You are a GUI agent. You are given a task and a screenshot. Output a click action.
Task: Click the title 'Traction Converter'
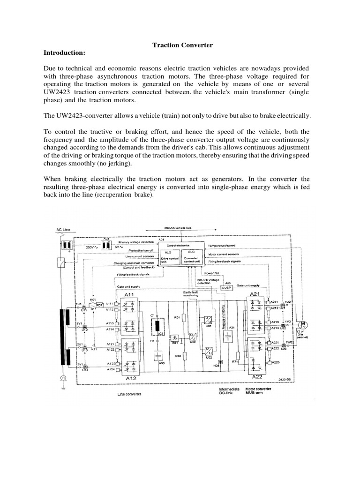click(183, 45)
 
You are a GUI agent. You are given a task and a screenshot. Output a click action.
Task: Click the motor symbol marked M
click(302, 324)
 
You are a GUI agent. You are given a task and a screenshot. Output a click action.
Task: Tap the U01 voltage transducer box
click(207, 322)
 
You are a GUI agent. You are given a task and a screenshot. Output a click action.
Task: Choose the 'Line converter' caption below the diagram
click(129, 394)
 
